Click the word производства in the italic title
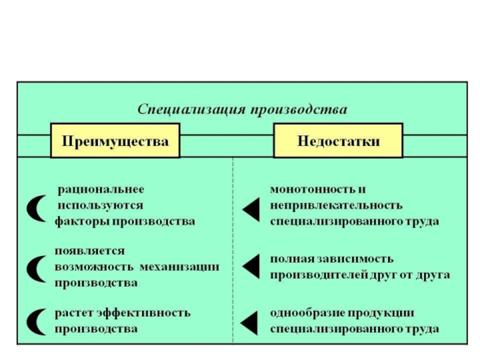pyautogui.click(x=299, y=110)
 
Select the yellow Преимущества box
pyautogui.click(x=115, y=140)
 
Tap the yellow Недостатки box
pyautogui.click(x=338, y=140)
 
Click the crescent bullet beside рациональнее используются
pyautogui.click(x=33, y=208)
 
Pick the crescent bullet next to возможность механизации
pyautogui.click(x=33, y=269)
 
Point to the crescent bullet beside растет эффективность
pyautogui.click(x=33, y=322)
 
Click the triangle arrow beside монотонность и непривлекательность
pyautogui.click(x=253, y=209)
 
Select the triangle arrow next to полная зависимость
pyautogui.click(x=253, y=266)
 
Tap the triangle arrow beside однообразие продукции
pyautogui.click(x=250, y=323)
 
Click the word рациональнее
pyautogui.click(x=101, y=190)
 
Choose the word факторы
pyautogui.click(x=81, y=221)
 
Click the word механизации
pyautogui.click(x=179, y=267)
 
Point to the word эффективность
pyautogui.click(x=144, y=313)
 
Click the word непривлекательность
pyautogui.click(x=336, y=205)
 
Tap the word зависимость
pyautogui.click(x=355, y=259)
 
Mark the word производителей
pyautogui.click(x=319, y=275)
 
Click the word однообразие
pyautogui.click(x=307, y=313)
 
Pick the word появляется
pyautogui.click(x=89, y=251)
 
